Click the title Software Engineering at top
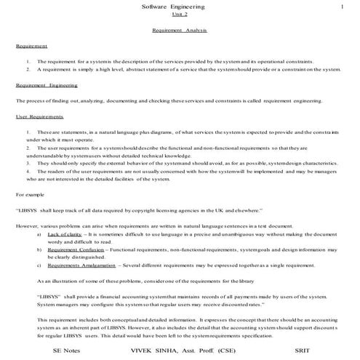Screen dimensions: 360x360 pos(179,7)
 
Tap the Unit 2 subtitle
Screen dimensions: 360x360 pos(179,15)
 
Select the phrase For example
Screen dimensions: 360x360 pos(31,195)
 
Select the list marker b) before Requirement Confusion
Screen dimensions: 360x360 pos(39,249)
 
